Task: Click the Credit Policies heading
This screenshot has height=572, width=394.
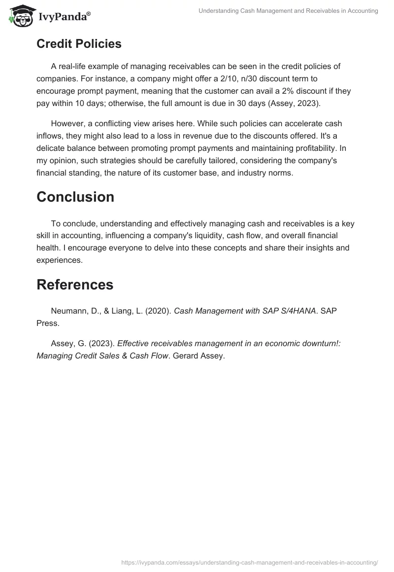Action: coord(79,43)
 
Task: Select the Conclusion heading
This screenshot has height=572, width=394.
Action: coord(75,197)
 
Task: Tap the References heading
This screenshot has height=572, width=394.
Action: coord(75,285)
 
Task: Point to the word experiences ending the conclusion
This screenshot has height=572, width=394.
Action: coord(59,260)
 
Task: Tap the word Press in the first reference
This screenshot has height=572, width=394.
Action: coord(47,323)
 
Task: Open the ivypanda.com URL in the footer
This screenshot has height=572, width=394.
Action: coord(250,562)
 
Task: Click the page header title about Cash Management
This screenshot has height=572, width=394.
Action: coord(288,11)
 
